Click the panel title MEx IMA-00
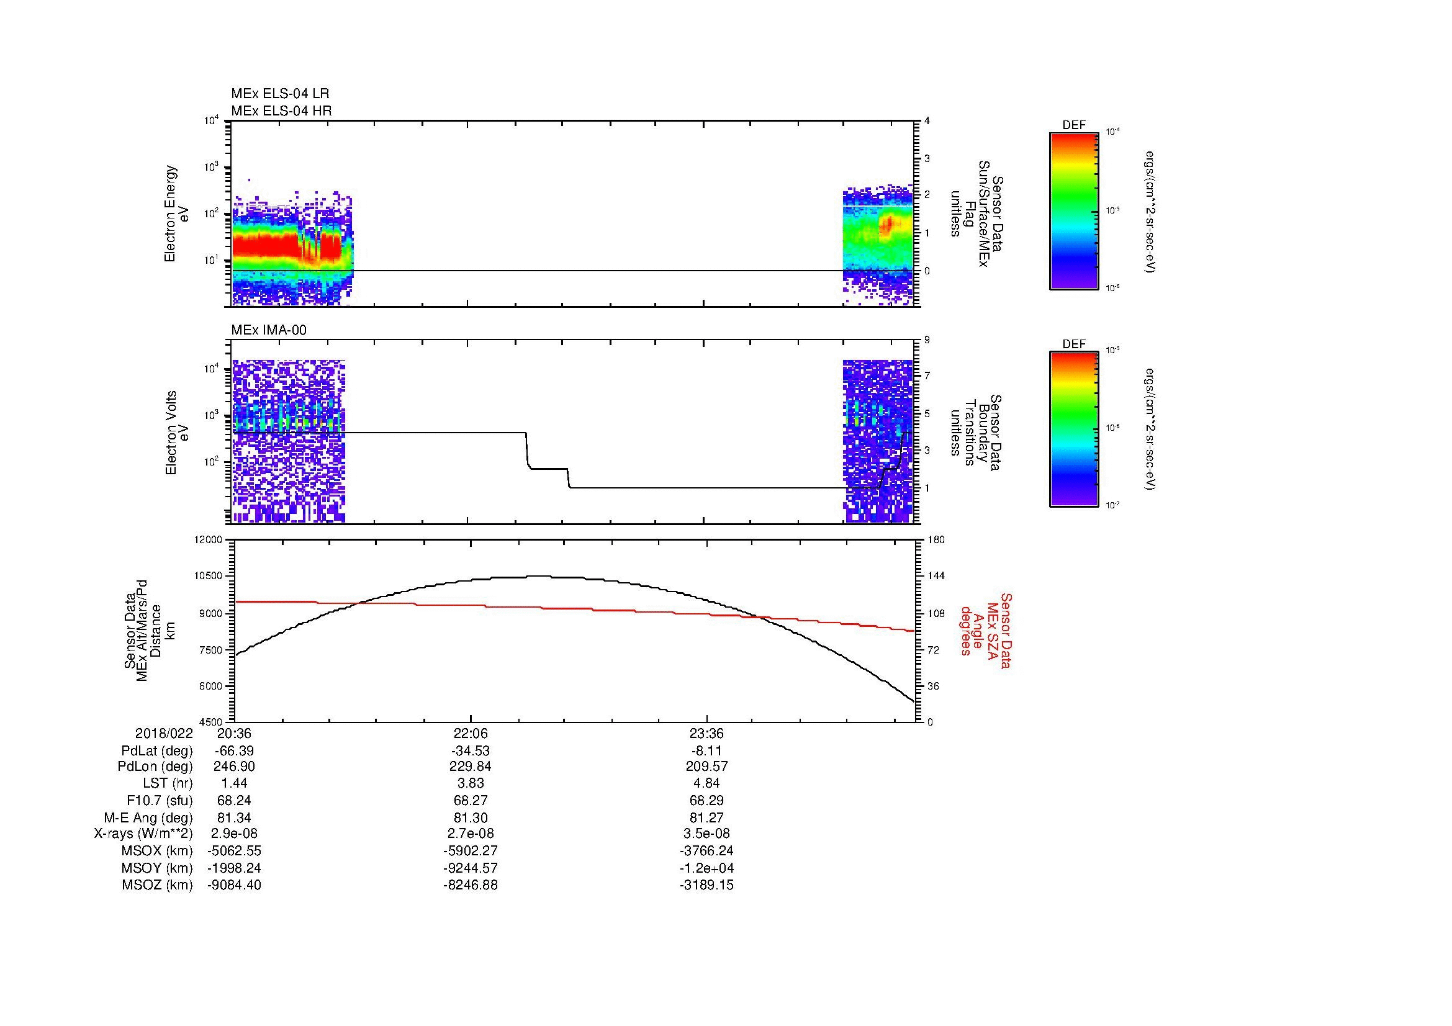click(269, 330)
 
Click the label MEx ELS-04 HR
click(281, 110)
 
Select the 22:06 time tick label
click(471, 734)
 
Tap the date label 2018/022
click(164, 734)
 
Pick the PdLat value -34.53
click(471, 751)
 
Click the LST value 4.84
click(706, 784)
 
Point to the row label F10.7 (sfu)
click(160, 800)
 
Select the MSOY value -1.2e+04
click(706, 868)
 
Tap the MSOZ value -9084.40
click(234, 885)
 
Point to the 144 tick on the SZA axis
click(936, 576)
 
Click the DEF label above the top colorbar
click(1074, 125)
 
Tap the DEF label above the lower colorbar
click(1074, 344)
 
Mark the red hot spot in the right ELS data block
click(888, 223)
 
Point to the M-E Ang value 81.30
click(471, 817)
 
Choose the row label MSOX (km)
click(157, 851)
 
